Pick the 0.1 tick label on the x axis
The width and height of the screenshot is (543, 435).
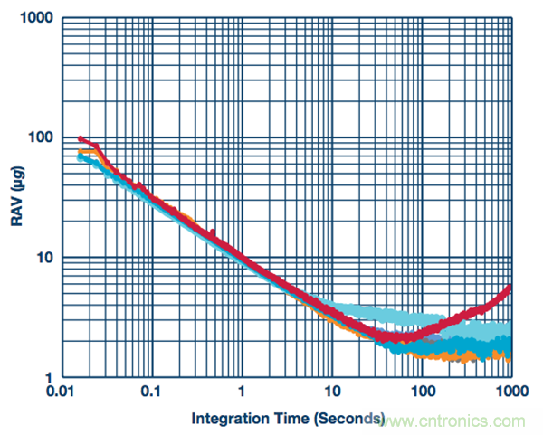point(151,393)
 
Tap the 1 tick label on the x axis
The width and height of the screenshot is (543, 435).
point(242,393)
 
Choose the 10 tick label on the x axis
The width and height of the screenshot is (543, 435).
point(332,393)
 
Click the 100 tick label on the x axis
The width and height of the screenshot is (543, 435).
point(422,393)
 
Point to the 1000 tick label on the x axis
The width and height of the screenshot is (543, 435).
point(511,393)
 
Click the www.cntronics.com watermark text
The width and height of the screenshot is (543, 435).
point(452,421)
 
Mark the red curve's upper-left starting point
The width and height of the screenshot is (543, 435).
point(81,138)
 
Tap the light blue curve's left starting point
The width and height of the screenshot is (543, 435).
point(80,156)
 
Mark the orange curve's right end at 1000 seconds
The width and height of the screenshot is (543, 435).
point(510,358)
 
